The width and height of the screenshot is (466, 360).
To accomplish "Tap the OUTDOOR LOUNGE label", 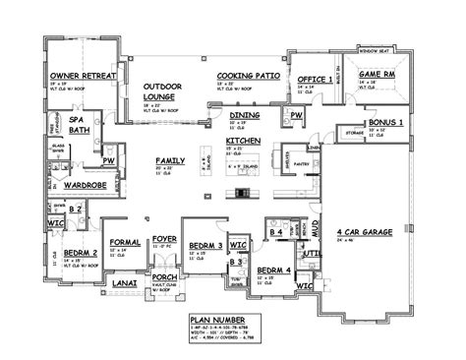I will (x=163, y=92).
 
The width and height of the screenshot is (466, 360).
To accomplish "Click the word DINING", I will (x=245, y=115).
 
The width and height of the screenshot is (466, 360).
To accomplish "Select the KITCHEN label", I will (x=243, y=141).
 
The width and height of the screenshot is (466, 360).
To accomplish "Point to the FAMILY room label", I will (x=169, y=159).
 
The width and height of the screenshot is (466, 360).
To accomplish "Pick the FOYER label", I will (x=163, y=236).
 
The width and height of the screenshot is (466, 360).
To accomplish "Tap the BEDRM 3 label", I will (x=204, y=243).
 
